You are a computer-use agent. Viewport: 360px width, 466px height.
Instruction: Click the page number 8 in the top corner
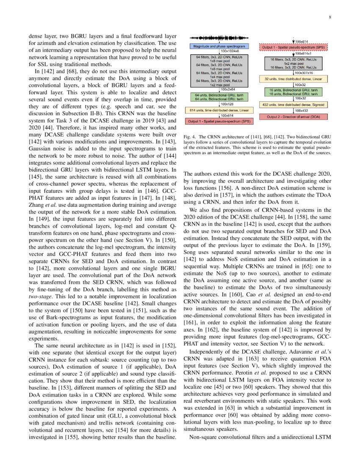330,17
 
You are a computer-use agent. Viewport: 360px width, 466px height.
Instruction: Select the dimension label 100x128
227,104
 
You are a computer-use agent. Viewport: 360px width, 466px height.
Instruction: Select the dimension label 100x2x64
228,89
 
